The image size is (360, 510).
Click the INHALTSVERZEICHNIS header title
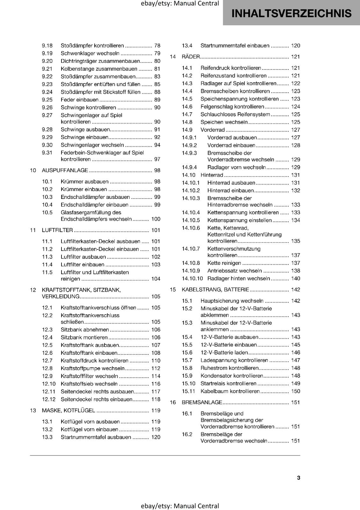pyautogui.click(x=291, y=13)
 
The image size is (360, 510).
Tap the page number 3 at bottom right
pyautogui.click(x=298, y=477)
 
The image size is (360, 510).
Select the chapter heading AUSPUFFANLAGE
pyautogui.click(x=65, y=170)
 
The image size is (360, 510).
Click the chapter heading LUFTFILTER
pyautogui.click(x=57, y=230)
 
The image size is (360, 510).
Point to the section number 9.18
pyautogui.click(x=47, y=46)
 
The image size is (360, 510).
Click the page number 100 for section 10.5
pyautogui.click(x=156, y=219)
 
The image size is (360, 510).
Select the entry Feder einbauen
pyautogui.click(x=80, y=100)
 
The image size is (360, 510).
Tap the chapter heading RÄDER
pyautogui.click(x=191, y=57)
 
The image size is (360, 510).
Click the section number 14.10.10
pyautogui.click(x=192, y=279)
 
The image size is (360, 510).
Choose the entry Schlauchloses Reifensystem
pyautogui.click(x=235, y=114)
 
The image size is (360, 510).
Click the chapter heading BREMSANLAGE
pyautogui.click(x=202, y=402)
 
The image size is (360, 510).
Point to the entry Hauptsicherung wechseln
pyautogui.click(x=232, y=301)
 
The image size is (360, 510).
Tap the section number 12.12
pyautogui.click(x=48, y=399)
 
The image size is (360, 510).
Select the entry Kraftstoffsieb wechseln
pyautogui.click(x=89, y=384)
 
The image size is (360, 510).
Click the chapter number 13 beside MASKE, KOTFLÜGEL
pyautogui.click(x=33, y=411)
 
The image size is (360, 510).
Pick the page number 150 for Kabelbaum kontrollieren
pyautogui.click(x=295, y=391)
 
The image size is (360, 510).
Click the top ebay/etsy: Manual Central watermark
pyautogui.click(x=180, y=4)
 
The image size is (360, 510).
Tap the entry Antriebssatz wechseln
pyautogui.click(x=234, y=271)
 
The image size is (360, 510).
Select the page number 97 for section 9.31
pyautogui.click(x=157, y=159)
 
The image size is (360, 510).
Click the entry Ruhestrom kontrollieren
pyautogui.click(x=229, y=368)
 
